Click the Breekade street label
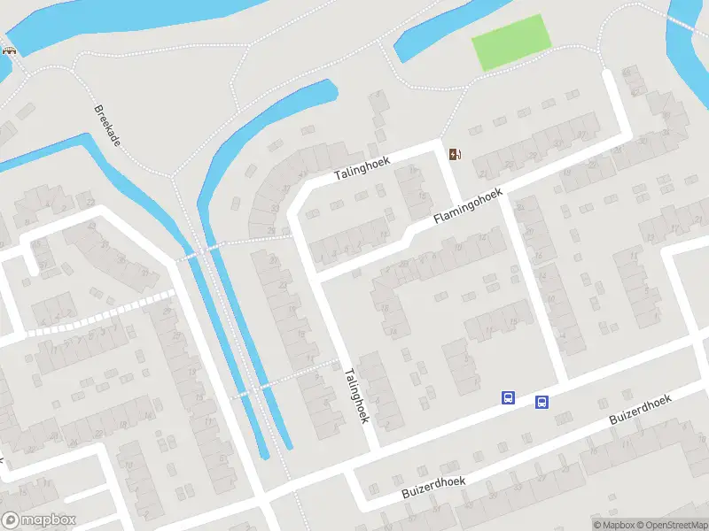click(106, 127)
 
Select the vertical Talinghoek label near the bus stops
click(356, 396)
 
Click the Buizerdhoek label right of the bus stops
click(640, 412)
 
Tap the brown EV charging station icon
click(456, 155)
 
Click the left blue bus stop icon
click(509, 398)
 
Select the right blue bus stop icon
click(541, 403)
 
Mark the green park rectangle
click(510, 42)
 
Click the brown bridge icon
click(11, 50)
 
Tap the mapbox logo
click(38, 520)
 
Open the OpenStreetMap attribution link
click(673, 525)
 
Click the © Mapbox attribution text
click(614, 525)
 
